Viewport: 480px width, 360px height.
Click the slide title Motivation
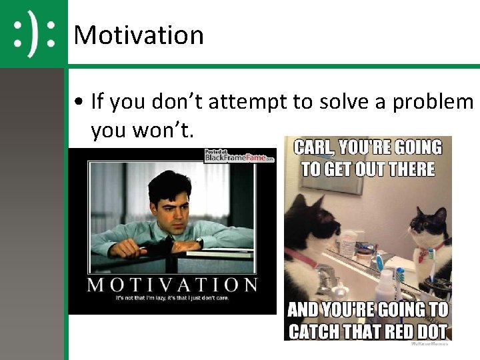[139, 35]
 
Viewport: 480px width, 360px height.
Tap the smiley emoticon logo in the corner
[33, 33]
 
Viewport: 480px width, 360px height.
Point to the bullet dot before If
[79, 102]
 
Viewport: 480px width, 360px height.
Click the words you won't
[142, 131]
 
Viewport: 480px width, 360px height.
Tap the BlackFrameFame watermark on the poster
[239, 156]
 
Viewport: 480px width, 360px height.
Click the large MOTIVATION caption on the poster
[172, 285]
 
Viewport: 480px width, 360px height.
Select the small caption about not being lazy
[172, 297]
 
